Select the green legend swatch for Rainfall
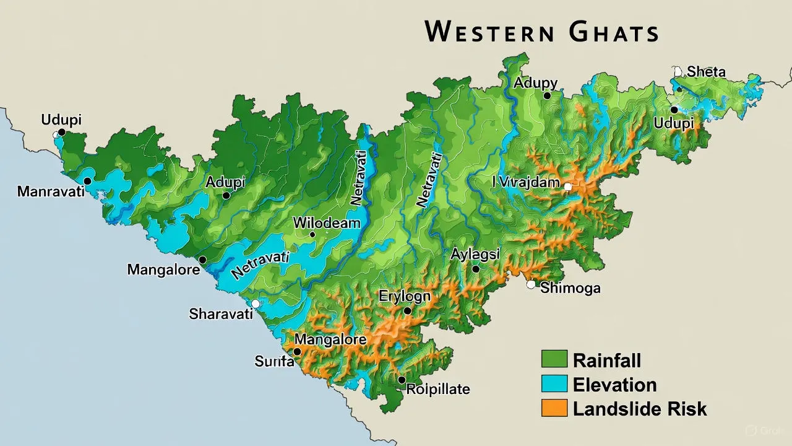coord(554,359)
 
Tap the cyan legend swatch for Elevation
coord(554,384)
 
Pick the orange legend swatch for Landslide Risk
coord(554,408)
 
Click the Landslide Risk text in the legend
coord(639,409)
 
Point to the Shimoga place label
coord(570,288)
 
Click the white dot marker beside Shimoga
coord(530,285)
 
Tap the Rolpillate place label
coord(438,390)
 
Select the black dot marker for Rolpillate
coord(402,380)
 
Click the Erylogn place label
coord(405,296)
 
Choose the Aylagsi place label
coord(475,254)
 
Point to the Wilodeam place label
coord(326,222)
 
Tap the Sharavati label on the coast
coord(221,314)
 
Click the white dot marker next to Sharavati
coord(255,304)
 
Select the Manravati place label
coord(51,191)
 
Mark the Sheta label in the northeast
coord(706,72)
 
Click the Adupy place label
coord(536,83)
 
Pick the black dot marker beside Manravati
coord(87,181)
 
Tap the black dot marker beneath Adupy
coord(547,96)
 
